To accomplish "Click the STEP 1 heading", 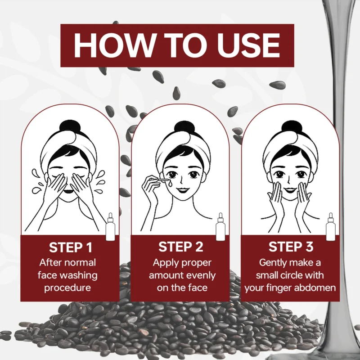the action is click(71, 247).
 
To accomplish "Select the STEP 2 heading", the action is click(181, 247).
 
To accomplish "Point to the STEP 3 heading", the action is click(291, 247).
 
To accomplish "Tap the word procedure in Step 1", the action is click(67, 288).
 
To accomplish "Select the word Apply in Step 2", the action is click(163, 263).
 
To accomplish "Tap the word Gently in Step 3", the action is click(272, 263).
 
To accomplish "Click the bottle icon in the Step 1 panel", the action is click(110, 227).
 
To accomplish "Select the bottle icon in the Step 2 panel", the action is click(220, 227).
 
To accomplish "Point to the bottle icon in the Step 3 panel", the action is click(331, 227).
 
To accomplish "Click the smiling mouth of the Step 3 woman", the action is click(290, 190).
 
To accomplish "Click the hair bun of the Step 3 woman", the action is click(292, 127).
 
